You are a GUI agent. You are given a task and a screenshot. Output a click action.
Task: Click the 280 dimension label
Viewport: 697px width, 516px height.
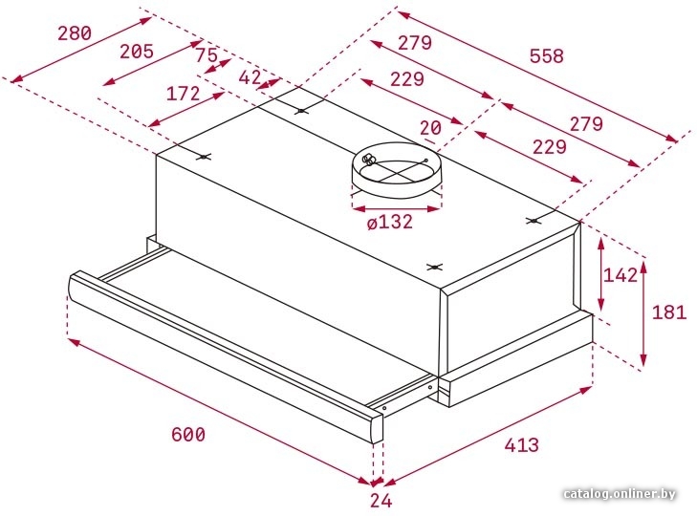point(75,33)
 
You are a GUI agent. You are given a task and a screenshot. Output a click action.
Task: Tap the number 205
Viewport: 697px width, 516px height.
point(137,51)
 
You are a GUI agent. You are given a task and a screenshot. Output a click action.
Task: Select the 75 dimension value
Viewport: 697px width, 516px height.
point(207,55)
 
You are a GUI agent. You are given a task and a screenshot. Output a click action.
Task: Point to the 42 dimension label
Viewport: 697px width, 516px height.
point(250,77)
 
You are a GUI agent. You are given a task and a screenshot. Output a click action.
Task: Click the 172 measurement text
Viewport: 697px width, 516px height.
point(183,94)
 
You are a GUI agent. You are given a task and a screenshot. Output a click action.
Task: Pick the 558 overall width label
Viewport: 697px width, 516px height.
point(546,56)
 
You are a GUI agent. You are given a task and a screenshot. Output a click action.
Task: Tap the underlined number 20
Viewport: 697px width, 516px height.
point(430,128)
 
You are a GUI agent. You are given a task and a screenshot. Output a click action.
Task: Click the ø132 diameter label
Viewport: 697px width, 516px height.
point(390,222)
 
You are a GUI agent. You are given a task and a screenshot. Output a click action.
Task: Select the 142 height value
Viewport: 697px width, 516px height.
point(621,275)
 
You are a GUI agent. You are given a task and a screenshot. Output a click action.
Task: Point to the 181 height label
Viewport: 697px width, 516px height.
point(669,312)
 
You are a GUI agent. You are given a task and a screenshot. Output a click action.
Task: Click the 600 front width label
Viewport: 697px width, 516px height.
point(188,434)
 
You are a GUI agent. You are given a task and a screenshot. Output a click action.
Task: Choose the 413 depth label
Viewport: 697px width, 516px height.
point(521,444)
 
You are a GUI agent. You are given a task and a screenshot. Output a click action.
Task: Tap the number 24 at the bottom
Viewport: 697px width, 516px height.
point(381,501)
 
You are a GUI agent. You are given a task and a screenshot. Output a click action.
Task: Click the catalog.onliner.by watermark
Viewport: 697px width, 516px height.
point(620,494)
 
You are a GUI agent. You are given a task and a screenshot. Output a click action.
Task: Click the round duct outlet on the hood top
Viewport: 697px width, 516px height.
point(397,168)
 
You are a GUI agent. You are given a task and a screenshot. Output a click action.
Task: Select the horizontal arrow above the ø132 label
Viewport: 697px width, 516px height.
point(397,207)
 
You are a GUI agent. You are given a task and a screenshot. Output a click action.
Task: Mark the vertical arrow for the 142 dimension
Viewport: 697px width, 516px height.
point(601,274)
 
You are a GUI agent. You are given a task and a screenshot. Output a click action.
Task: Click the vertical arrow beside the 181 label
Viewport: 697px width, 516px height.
point(643,313)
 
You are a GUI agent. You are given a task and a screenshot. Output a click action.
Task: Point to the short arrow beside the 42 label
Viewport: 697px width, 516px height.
point(269,83)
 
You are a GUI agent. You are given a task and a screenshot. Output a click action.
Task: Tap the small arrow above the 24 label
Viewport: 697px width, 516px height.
point(378,482)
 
